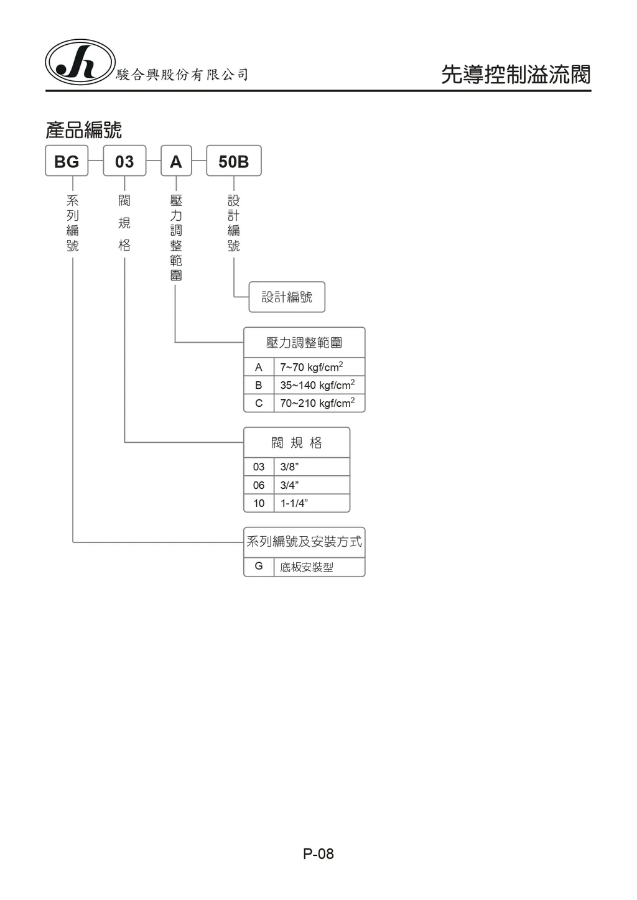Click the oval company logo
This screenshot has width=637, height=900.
[x=80, y=62]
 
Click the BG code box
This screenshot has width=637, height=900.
[x=67, y=160]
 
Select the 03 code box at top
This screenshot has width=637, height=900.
[x=124, y=160]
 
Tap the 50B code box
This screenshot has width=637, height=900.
[x=234, y=160]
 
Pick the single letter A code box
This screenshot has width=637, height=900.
[x=176, y=160]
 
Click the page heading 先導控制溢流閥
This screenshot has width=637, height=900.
[x=516, y=75]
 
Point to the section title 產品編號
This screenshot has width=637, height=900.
[x=83, y=130]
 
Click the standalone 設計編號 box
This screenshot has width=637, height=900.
[x=287, y=297]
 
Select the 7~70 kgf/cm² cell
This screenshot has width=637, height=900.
[x=320, y=367]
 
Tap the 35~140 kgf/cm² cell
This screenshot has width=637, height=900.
[x=320, y=385]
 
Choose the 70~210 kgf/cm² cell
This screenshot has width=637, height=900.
[x=320, y=403]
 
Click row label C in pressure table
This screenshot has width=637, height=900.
[x=259, y=403]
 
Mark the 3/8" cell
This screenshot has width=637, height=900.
[x=312, y=467]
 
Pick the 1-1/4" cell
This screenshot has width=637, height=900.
[x=312, y=503]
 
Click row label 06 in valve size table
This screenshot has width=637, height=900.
[x=259, y=485]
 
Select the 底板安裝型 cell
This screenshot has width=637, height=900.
[x=320, y=567]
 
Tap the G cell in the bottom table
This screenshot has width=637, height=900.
[x=259, y=567]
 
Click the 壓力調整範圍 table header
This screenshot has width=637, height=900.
[x=304, y=343]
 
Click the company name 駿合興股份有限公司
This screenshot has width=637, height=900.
[x=182, y=75]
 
